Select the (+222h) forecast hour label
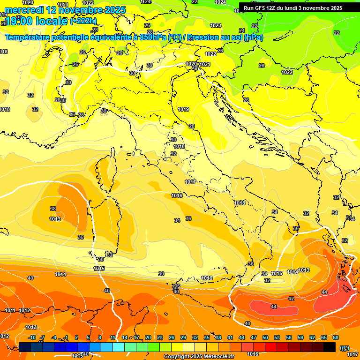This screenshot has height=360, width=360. pos(83,21)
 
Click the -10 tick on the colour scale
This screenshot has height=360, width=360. pos(32,337)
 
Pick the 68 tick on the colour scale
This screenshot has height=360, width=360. pos(336,337)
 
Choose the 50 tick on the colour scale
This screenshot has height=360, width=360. pos(265,337)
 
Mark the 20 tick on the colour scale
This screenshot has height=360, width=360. pos(148,337)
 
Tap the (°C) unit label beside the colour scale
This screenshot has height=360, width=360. pos(345,347)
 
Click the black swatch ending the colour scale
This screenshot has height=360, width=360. pos(330,347)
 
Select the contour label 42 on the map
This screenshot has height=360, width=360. pos(291,299)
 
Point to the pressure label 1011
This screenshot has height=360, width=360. pos(10,310)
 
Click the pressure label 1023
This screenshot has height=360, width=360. pos(216,25)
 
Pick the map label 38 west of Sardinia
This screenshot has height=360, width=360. pos(53,209)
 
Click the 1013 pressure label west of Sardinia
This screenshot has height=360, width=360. pos(55,219)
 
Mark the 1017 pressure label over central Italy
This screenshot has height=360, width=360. pos(190,182)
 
